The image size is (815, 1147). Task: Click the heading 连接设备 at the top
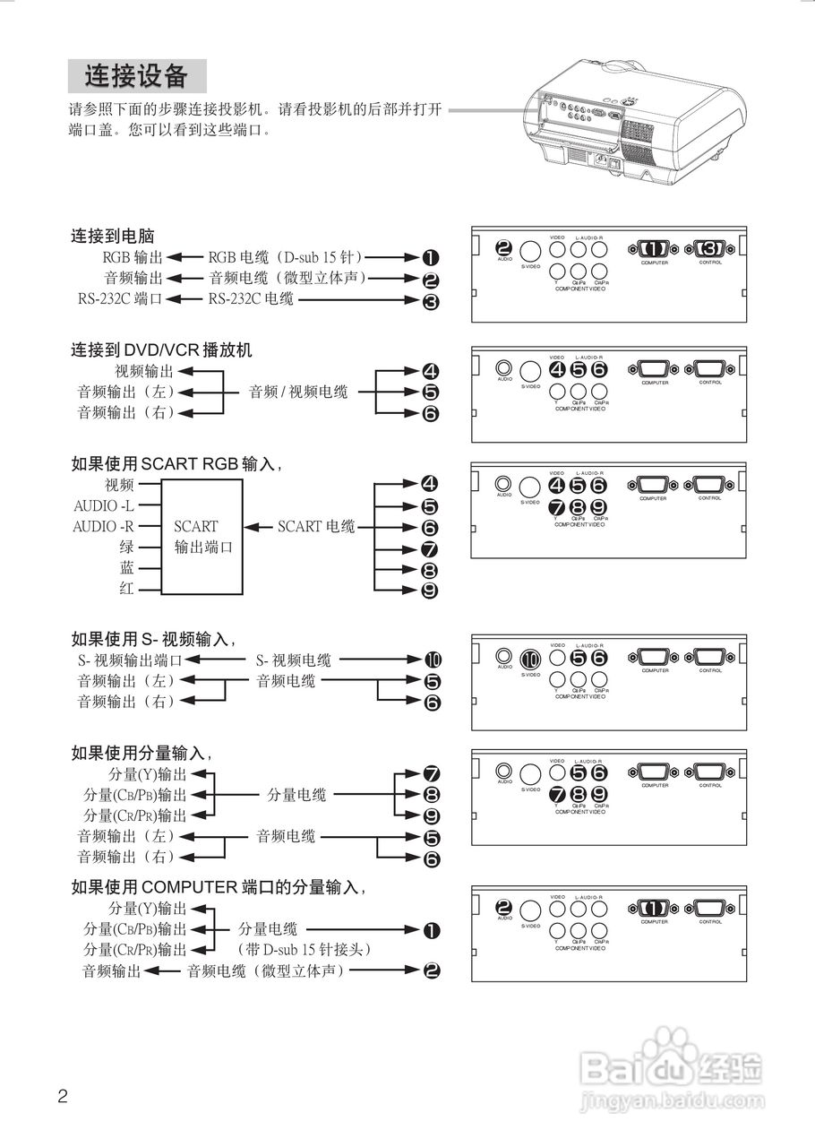137,76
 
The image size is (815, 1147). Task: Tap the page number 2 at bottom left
63,1095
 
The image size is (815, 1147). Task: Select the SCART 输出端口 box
202,536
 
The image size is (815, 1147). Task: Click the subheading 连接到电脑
113,237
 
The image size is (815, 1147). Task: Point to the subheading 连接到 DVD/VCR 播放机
161,349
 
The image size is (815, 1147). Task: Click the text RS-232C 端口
120,299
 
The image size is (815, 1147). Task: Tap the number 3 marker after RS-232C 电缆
431,300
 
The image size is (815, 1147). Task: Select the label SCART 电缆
315,526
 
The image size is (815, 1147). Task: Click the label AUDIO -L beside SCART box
103,505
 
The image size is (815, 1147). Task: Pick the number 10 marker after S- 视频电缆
433,660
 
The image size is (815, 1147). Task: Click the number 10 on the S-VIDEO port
531,659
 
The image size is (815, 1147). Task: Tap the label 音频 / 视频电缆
298,392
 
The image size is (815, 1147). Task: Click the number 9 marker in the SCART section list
430,591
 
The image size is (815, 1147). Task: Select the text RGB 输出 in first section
133,258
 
